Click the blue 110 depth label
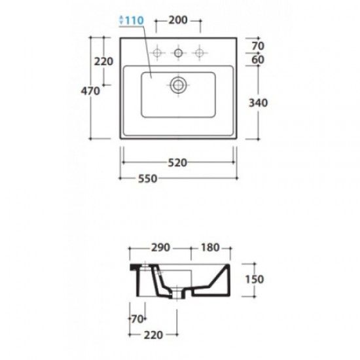(x=135, y=20)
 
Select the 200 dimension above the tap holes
(x=178, y=20)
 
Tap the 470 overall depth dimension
(x=90, y=91)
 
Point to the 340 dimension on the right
(x=259, y=103)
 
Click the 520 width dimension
(x=177, y=163)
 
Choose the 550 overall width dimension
(x=148, y=179)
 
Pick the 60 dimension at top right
(x=258, y=60)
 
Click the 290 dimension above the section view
(x=160, y=247)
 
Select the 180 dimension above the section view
(x=210, y=247)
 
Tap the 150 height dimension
(x=255, y=279)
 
